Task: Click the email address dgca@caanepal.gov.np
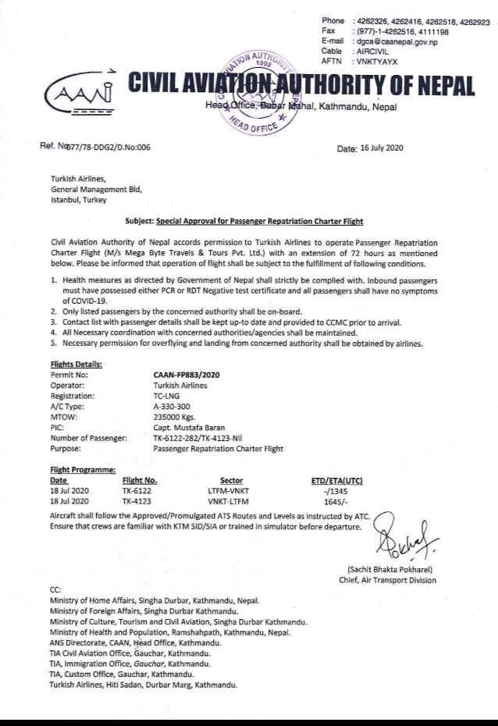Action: point(396,41)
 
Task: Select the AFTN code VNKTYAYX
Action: point(376,60)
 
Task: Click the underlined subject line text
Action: point(259,222)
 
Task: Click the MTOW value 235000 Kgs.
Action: point(176,417)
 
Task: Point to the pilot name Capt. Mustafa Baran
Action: point(189,428)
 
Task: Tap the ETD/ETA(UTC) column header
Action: point(336,481)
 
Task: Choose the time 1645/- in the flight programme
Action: point(336,501)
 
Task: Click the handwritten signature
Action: point(405,539)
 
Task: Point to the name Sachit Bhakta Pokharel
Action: point(390,570)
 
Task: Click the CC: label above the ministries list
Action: point(55,589)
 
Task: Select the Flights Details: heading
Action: point(76,364)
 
